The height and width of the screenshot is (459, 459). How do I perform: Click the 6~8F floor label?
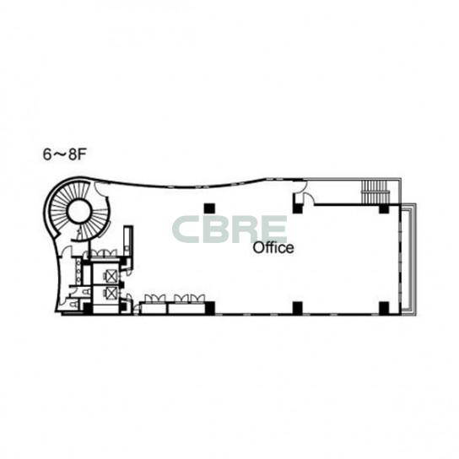(64, 154)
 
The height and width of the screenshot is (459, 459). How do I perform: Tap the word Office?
(273, 248)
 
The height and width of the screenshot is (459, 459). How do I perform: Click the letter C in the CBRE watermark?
(186, 229)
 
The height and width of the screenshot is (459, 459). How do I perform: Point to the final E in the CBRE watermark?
(273, 229)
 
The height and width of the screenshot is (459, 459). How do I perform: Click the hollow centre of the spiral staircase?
(78, 211)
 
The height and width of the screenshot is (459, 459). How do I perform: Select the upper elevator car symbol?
(111, 276)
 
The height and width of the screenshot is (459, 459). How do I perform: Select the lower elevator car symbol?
(111, 293)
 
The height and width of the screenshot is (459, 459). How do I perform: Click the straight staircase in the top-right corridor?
(375, 192)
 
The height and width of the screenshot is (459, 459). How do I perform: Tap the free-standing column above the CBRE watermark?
(209, 208)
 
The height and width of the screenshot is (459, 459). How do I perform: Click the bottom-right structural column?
(384, 308)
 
